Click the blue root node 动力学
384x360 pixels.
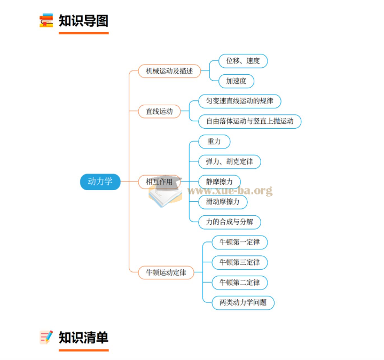point(100,182)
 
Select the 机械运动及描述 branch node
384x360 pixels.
point(166,71)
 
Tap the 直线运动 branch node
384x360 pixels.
point(159,111)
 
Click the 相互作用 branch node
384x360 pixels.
point(159,182)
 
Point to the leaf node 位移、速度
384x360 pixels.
point(243,61)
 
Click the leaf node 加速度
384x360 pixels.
point(236,81)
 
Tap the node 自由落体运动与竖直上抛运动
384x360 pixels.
point(249,121)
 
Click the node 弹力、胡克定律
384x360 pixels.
point(229,161)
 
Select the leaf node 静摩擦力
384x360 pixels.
point(219,181)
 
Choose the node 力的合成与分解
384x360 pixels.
point(229,222)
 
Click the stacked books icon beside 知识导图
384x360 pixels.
point(46,21)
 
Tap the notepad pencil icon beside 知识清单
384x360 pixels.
point(46,338)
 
